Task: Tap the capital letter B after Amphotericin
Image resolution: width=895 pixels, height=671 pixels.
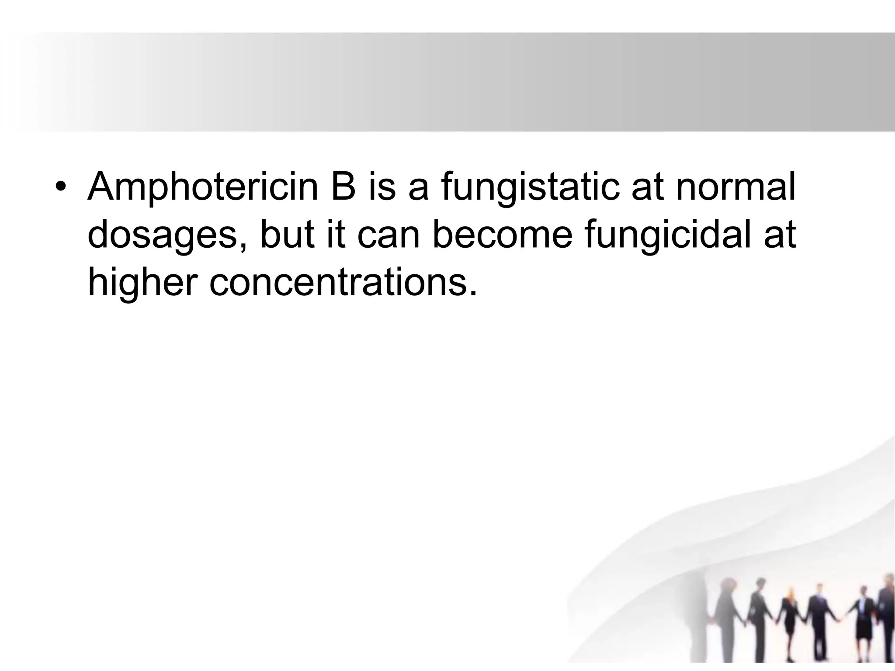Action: coord(344,187)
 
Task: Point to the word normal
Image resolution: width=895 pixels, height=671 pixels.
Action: coord(735,187)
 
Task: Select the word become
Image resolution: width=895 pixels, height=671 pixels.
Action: coord(502,235)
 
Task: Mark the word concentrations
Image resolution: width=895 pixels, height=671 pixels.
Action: coord(336,283)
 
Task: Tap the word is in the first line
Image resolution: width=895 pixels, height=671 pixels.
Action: coord(382,187)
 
